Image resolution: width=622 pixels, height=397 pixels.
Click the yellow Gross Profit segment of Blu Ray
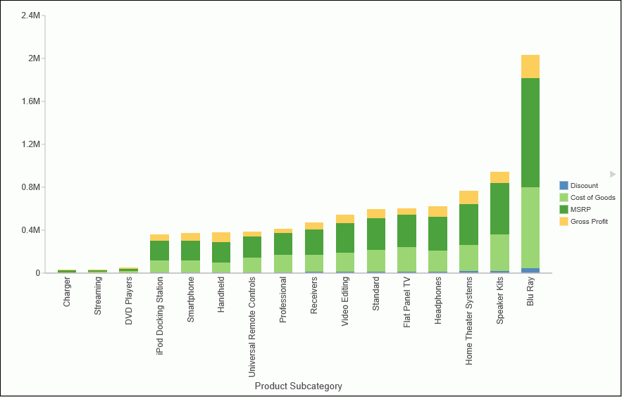click(x=530, y=66)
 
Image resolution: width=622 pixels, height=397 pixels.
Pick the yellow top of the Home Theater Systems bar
click(x=468, y=197)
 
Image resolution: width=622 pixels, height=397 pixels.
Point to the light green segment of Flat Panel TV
click(x=406, y=258)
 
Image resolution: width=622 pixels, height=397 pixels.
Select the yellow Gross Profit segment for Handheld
click(x=221, y=237)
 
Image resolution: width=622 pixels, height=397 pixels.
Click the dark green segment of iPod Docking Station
click(x=159, y=250)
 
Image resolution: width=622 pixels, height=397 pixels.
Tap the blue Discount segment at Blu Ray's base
click(x=530, y=270)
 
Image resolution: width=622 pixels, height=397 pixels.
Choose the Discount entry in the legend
click(x=584, y=186)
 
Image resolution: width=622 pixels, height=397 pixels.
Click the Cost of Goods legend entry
click(x=592, y=198)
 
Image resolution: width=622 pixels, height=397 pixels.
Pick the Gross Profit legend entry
click(x=589, y=222)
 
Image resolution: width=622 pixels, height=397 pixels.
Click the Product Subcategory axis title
click(x=298, y=386)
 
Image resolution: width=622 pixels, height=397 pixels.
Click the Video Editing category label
click(x=345, y=302)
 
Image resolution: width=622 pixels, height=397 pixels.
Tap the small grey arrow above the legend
click(x=613, y=174)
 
